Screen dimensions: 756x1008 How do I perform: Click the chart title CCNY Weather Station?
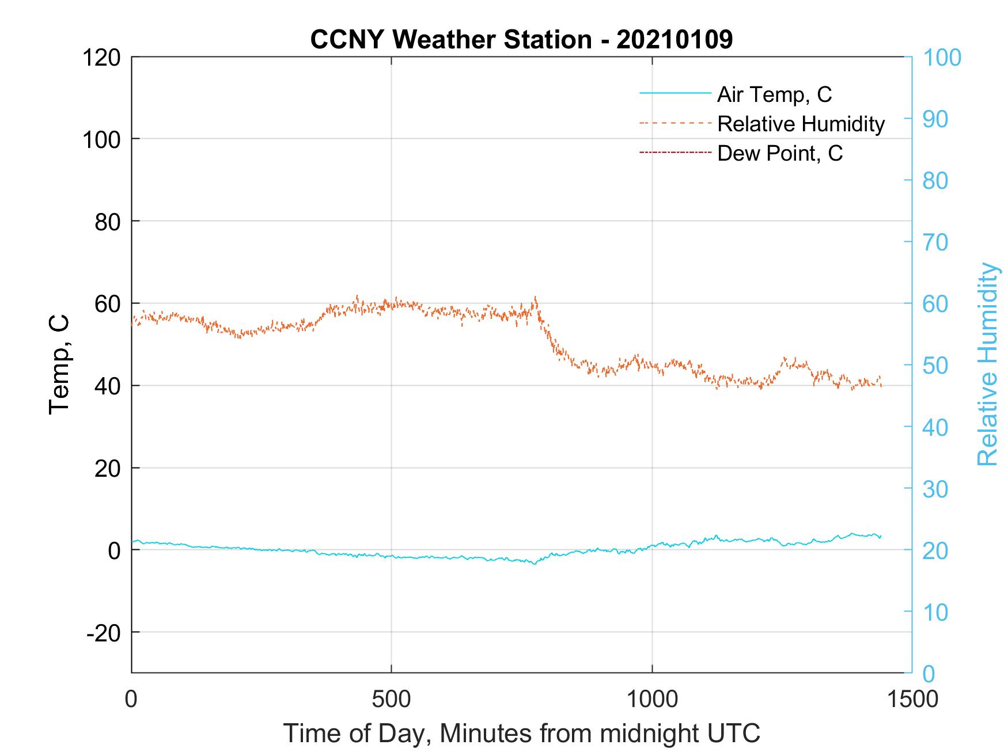click(521, 40)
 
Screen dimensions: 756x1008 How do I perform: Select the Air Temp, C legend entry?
click(774, 94)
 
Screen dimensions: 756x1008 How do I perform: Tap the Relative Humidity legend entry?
click(801, 124)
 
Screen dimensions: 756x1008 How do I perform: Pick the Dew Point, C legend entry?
click(780, 154)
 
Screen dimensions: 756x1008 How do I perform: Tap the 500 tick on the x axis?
click(391, 699)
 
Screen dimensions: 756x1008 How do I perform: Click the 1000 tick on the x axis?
click(651, 699)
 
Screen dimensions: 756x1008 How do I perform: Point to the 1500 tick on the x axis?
click(912, 699)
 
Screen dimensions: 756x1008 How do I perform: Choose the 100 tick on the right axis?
click(942, 58)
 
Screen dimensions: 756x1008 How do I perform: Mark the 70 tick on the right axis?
click(935, 242)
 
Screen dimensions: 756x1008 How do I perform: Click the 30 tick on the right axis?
click(935, 489)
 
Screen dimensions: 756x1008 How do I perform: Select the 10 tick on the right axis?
click(935, 612)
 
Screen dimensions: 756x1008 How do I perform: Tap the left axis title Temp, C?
click(59, 364)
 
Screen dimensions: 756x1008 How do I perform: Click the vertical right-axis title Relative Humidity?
click(987, 364)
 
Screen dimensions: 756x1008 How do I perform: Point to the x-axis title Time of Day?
click(521, 734)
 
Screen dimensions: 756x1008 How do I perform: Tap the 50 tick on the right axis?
click(935, 366)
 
